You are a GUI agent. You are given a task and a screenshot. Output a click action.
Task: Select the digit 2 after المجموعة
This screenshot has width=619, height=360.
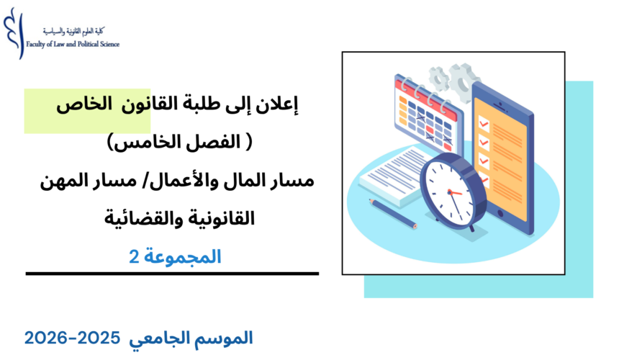coord(133,256)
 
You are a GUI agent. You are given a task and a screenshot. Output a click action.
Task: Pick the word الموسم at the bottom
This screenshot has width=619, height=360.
coord(224,337)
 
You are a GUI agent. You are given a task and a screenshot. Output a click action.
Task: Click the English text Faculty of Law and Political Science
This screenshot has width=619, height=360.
coord(73,44)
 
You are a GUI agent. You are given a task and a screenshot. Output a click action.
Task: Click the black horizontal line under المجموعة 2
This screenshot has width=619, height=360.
coord(172,274)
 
